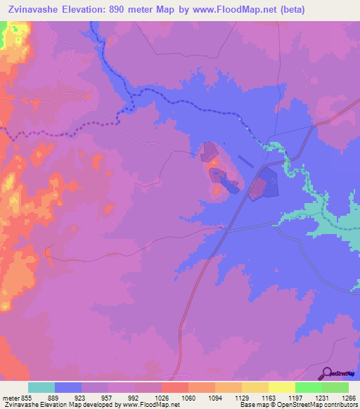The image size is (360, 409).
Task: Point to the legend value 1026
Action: point(161,397)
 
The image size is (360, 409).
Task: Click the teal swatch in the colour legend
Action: point(41,387)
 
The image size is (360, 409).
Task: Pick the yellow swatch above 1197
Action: point(281,387)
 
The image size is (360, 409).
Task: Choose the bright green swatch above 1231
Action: point(308,387)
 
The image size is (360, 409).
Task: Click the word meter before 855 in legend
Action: point(11,397)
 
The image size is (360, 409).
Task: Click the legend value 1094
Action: point(214,397)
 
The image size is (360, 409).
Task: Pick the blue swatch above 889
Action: point(68,387)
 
